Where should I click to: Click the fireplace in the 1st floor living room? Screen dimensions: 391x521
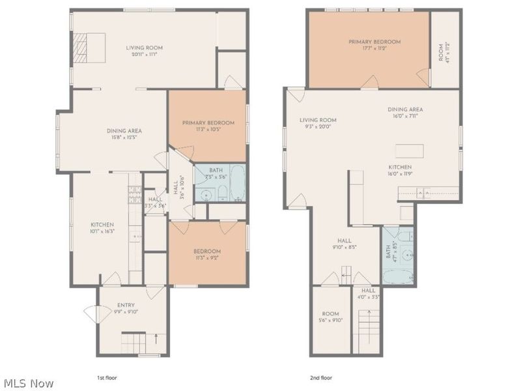point(79,48)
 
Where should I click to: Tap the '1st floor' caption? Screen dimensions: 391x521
point(107,377)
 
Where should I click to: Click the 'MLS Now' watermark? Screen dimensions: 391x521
point(29,383)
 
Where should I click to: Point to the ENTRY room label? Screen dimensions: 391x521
point(126,305)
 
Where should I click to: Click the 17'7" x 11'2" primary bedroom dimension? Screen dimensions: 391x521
point(374,49)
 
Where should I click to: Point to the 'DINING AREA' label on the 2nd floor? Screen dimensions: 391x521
point(405,109)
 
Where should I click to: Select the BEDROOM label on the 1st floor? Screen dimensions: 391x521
point(206,252)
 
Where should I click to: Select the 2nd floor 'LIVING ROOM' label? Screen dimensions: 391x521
point(318,120)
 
